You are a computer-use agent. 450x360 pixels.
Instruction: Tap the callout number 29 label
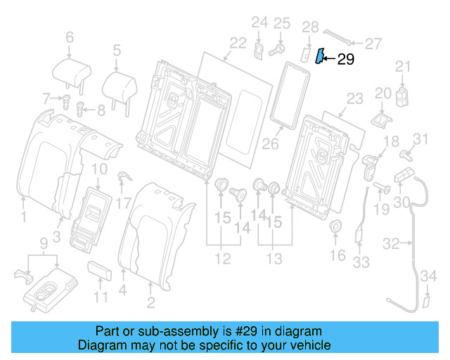click(346, 59)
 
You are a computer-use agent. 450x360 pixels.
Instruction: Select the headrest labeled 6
click(71, 71)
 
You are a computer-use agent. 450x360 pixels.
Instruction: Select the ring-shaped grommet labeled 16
click(335, 226)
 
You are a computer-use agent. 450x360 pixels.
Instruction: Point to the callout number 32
click(391, 243)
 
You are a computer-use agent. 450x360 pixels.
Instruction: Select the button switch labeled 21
click(401, 95)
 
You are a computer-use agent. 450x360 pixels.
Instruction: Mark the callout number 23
click(354, 98)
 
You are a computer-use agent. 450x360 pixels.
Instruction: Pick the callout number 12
click(223, 259)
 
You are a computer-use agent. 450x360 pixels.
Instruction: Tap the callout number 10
click(100, 169)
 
